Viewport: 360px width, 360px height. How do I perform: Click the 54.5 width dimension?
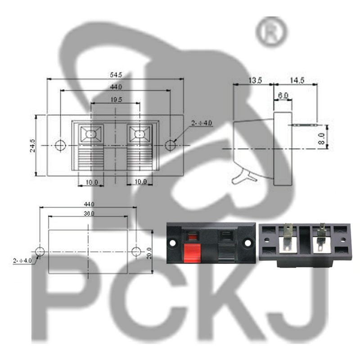[x=116, y=75]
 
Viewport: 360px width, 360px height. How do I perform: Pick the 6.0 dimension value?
[x=283, y=95]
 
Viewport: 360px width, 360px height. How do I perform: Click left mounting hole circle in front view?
[x=60, y=145]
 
